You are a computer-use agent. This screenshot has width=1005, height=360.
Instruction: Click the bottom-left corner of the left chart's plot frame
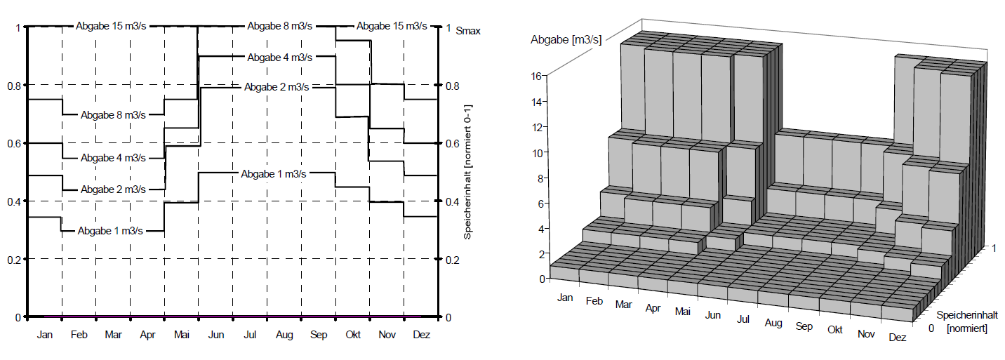[x=28, y=317]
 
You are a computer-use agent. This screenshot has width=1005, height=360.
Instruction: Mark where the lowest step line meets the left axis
[x=28, y=218]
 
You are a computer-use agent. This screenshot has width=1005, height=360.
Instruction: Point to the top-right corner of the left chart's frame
[x=438, y=27]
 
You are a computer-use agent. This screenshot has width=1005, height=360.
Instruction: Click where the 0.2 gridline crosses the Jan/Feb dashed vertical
[x=62, y=259]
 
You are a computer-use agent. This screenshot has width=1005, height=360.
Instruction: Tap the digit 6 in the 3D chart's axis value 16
[x=539, y=76]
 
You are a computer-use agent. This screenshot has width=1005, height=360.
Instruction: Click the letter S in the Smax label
[x=459, y=31]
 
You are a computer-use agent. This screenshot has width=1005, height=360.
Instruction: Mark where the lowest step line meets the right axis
[x=438, y=217]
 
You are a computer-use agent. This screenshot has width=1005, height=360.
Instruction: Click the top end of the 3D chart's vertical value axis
[x=547, y=75]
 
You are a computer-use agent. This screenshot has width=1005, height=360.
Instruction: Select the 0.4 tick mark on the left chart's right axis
[x=438, y=201]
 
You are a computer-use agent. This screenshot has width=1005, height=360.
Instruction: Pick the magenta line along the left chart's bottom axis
[x=233, y=316]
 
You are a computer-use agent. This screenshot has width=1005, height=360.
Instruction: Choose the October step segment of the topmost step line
[x=354, y=41]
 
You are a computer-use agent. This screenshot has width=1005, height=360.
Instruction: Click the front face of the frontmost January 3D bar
[x=564, y=274]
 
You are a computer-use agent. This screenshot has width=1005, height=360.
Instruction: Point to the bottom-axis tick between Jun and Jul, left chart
[x=233, y=317]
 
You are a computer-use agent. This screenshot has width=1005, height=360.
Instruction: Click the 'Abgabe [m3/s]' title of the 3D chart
[x=566, y=39]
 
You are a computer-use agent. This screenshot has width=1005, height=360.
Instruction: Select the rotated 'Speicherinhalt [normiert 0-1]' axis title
[x=467, y=172]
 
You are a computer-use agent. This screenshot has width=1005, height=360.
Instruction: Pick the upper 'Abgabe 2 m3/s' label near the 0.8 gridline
[x=277, y=87]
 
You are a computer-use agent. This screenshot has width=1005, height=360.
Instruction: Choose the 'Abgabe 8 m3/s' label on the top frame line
[x=279, y=26]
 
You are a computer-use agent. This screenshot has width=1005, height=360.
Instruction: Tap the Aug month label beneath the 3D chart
[x=773, y=322]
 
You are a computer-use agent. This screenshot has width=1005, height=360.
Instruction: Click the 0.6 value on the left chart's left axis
[x=14, y=144]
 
